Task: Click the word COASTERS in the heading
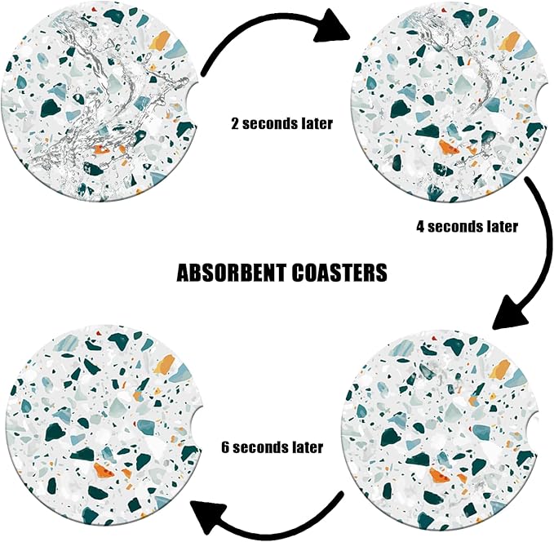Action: click(x=339, y=273)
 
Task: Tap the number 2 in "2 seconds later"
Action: click(x=235, y=124)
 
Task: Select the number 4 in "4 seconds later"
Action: click(x=420, y=226)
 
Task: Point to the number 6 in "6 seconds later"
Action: click(x=225, y=447)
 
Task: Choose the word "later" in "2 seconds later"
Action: click(x=317, y=124)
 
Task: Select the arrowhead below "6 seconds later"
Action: click(x=210, y=517)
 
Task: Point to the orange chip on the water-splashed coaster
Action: click(x=102, y=149)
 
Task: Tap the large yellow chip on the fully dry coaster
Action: click(x=164, y=365)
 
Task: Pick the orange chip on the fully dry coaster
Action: click(x=104, y=470)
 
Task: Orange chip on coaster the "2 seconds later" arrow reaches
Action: click(x=449, y=147)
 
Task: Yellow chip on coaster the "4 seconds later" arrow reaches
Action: click(x=499, y=369)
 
